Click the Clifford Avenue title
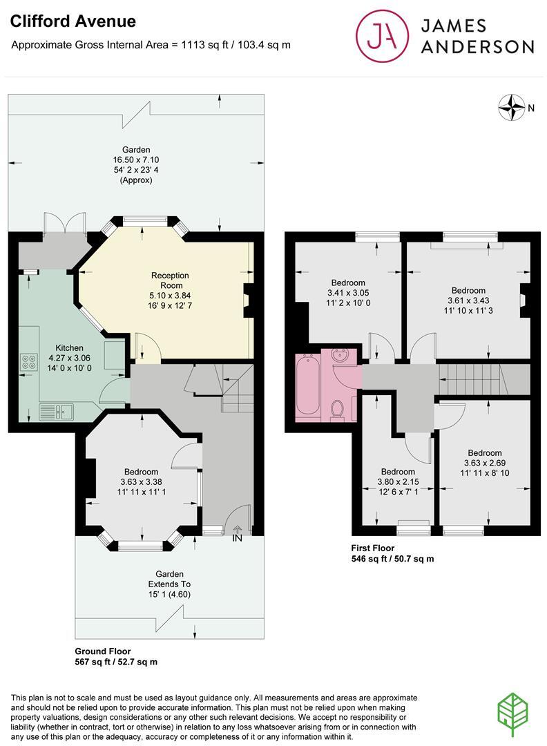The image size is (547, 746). pos(73,21)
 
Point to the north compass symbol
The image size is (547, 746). pos(512,107)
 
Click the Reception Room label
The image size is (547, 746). pos(170,280)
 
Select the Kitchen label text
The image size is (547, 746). pos(69,347)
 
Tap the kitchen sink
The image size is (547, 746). pos(66,412)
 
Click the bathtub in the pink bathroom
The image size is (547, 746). pos(307,385)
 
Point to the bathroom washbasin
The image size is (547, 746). pos(341,357)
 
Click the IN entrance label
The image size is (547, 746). pos(237,538)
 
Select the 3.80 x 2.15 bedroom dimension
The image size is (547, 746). pos(398,483)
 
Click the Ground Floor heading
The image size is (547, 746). pos(102,651)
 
